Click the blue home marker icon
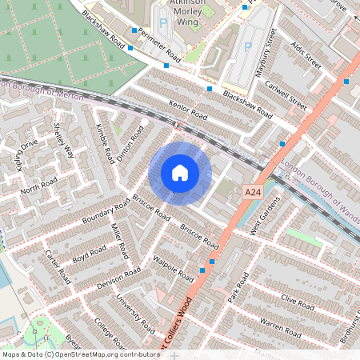pos(180,173)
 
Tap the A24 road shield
pos(253,192)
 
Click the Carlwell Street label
pos(288,96)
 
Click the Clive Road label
pos(298,302)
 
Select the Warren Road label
pos(279,328)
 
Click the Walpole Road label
pos(174,269)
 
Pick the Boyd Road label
pos(90,255)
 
